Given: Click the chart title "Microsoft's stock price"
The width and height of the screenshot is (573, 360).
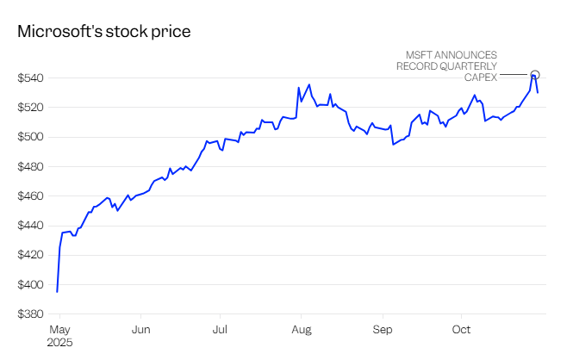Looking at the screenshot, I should point(103,31).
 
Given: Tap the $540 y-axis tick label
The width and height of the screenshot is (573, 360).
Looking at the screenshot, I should point(31,78).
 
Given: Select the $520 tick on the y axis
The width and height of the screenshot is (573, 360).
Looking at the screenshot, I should point(31,108).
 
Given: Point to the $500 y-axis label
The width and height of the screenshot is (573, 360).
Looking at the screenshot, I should point(31,137).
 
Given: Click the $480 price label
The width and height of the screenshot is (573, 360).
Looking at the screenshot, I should point(31,167).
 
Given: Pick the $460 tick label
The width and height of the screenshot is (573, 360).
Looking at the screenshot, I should point(31,196).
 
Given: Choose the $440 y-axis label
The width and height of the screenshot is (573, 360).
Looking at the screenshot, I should point(31,226).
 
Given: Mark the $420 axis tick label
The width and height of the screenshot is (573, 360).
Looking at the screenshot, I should point(31,255).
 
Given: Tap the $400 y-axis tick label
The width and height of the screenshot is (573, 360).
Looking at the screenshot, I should point(31,285).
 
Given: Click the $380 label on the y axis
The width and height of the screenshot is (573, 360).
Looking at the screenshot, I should point(31,314).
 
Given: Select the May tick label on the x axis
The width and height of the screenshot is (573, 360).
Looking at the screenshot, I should point(59,329).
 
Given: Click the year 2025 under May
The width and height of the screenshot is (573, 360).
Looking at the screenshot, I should point(59,342).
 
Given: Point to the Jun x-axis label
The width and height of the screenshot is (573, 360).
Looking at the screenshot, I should point(141,329).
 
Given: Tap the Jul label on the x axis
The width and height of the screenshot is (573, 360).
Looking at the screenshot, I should point(221,329).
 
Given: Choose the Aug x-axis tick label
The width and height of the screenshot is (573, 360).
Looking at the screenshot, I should point(302,329).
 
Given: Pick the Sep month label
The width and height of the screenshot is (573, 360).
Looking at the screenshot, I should point(383,329).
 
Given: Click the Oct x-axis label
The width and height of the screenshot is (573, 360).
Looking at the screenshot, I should point(461,329).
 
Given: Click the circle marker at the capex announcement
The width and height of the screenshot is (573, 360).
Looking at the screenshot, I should point(535,75).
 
